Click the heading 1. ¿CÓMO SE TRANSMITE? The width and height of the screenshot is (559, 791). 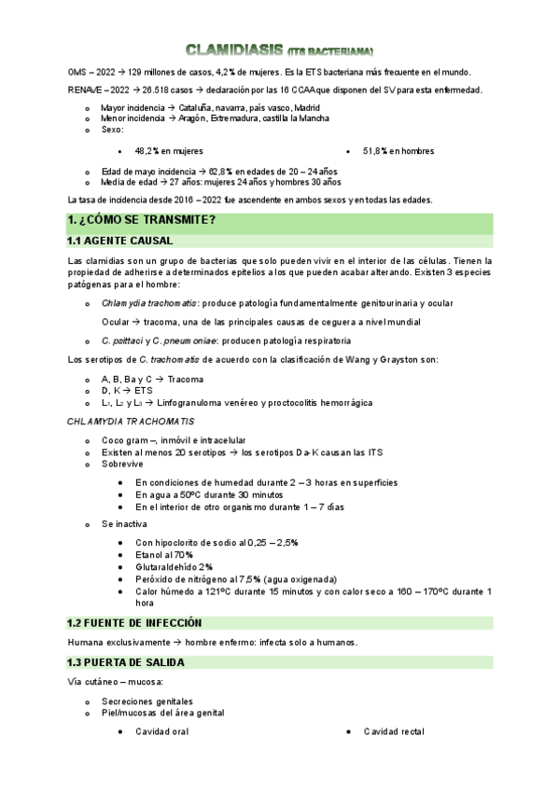point(142,220)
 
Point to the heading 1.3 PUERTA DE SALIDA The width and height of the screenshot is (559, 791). point(126,662)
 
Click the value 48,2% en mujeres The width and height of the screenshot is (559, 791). point(169,150)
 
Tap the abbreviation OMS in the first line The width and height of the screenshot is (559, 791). point(79,72)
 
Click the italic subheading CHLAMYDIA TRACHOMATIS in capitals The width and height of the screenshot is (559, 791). point(117,423)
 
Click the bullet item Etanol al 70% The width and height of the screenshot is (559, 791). point(164,554)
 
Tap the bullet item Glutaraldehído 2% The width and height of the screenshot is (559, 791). point(174,566)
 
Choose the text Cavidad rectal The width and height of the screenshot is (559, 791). point(394,732)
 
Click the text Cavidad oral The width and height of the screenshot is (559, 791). point(161,732)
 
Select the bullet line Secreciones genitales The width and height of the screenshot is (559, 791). point(147,701)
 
